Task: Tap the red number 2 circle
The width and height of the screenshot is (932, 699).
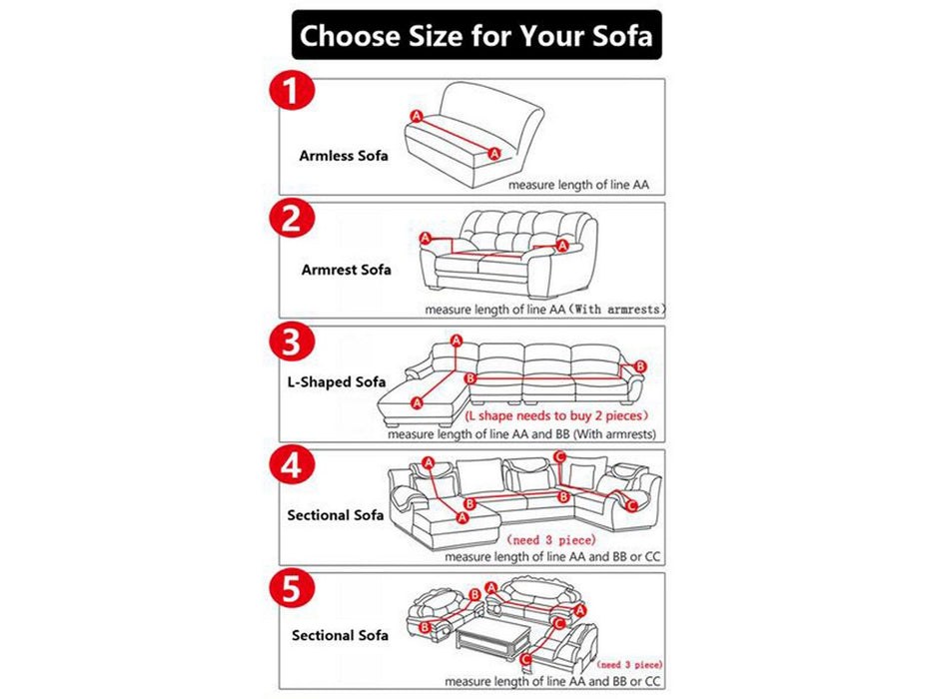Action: [292, 218]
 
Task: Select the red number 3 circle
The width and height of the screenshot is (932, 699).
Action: [292, 343]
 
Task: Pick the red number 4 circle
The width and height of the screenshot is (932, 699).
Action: [292, 466]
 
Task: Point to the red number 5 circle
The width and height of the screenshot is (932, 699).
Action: [292, 589]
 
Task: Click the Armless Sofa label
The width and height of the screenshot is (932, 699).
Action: [344, 156]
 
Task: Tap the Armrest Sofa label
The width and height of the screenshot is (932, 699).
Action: [346, 270]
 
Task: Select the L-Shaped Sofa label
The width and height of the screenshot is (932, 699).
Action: [337, 382]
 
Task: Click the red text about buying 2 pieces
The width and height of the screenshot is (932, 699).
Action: [556, 415]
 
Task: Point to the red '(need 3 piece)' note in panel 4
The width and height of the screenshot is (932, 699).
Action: [550, 540]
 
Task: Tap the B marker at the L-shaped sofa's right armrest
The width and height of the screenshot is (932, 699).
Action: [640, 366]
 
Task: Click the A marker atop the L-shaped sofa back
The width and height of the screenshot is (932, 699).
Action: [456, 341]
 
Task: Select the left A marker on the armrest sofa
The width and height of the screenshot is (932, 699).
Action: [425, 239]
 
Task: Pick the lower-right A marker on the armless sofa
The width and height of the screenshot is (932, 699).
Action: [494, 154]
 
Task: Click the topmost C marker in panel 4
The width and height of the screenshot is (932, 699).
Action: [559, 456]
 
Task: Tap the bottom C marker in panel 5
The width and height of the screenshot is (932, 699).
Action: [525, 659]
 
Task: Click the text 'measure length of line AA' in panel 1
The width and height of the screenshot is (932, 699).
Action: [578, 185]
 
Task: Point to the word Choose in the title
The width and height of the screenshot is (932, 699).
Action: [350, 36]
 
